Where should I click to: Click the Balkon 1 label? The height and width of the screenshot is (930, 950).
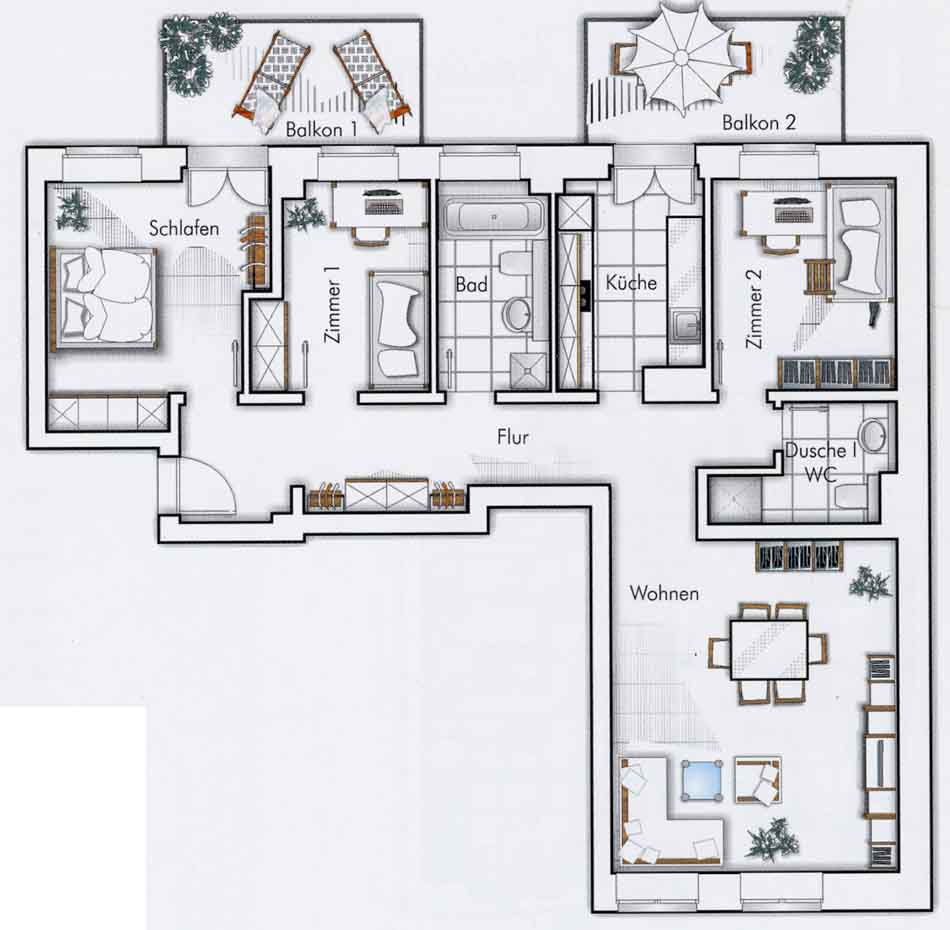pos(321,129)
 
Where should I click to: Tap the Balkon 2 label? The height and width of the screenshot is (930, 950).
pos(759,122)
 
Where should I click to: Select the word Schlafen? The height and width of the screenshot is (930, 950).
pos(184,228)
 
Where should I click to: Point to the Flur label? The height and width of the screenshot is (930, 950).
pos(513,437)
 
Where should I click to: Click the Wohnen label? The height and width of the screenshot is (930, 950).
pos(664,593)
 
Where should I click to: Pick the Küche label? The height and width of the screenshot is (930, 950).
pos(631,282)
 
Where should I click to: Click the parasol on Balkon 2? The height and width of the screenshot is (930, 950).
pos(681,58)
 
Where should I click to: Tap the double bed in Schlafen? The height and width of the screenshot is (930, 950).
pos(104,299)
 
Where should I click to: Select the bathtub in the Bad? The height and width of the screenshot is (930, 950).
pos(494,216)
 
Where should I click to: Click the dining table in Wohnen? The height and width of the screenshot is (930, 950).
pos(769,650)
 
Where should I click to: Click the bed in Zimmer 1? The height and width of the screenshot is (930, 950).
pos(398,330)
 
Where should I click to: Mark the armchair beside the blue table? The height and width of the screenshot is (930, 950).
pos(758,782)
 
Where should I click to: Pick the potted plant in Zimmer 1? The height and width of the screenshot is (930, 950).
pos(307,214)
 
